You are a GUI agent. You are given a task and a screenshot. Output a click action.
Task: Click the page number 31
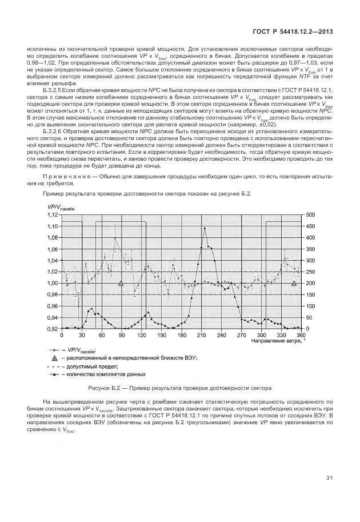coord(329,478)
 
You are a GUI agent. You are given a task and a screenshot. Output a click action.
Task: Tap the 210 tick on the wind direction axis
coord(201,335)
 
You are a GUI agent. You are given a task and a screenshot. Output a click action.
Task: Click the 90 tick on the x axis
coord(122,335)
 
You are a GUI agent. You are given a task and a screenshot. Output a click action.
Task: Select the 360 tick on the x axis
coord(301,335)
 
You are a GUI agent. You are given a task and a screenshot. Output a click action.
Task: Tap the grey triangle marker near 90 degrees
coord(121,282)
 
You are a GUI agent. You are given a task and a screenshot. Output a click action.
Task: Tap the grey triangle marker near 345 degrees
coord(294,282)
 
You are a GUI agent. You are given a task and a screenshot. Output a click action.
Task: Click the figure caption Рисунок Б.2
coord(180,388)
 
